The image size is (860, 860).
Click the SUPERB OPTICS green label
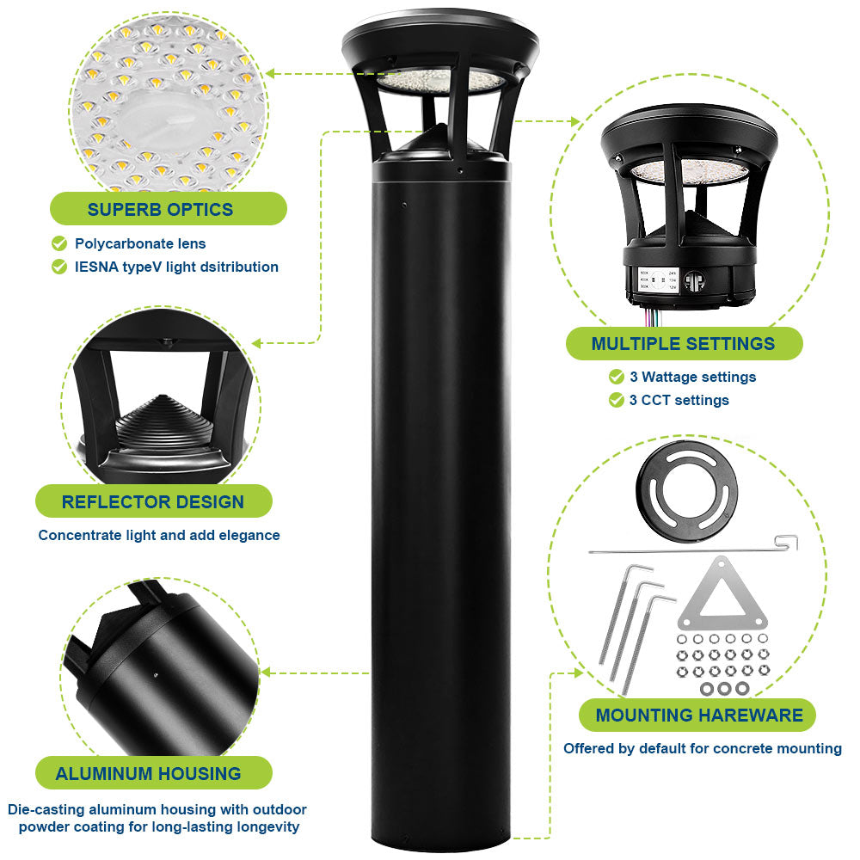point(160,209)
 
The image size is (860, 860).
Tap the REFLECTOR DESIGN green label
point(153,501)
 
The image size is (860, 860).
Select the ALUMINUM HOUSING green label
point(148,773)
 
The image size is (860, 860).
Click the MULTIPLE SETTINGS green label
point(683,344)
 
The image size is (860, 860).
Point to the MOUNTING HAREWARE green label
point(698,716)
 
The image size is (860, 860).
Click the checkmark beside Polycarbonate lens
point(59,243)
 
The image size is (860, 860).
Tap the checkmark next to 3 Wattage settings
point(616,377)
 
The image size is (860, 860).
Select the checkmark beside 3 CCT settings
point(616,400)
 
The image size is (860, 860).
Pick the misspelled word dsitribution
point(237,267)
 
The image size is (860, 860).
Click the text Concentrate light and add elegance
point(159,535)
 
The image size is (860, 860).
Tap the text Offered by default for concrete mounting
point(702,748)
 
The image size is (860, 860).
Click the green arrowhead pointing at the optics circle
point(270,74)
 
